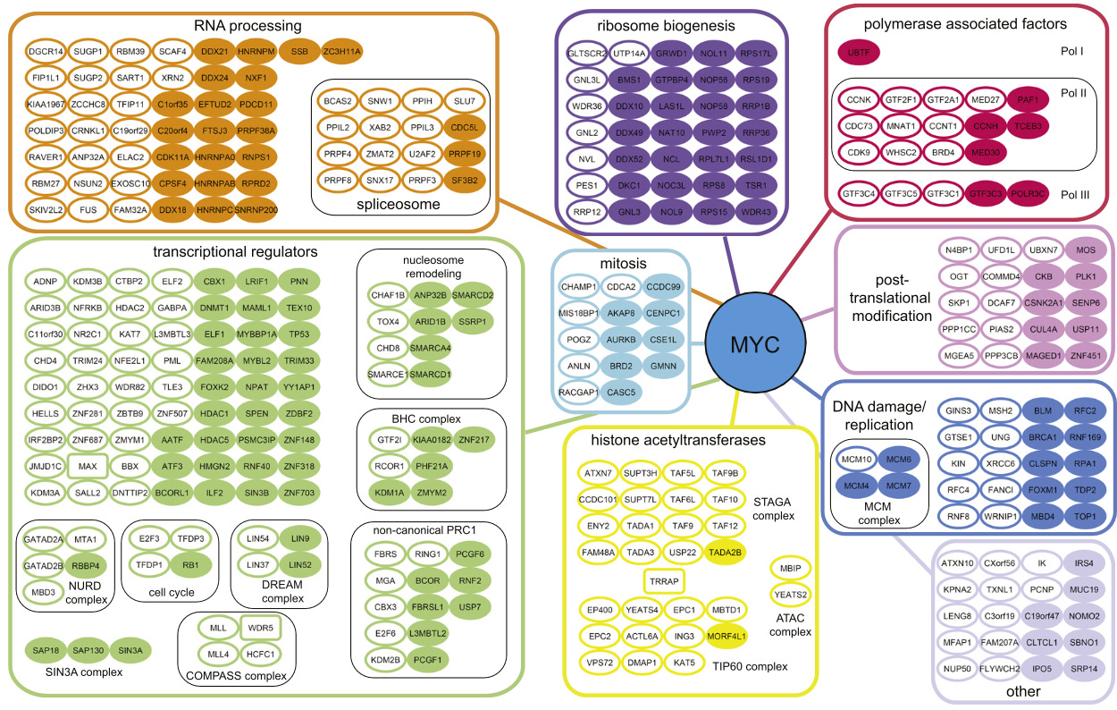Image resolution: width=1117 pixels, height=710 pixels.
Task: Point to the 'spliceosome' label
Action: [x=399, y=205]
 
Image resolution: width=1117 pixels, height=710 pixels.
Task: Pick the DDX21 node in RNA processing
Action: [x=214, y=52]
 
